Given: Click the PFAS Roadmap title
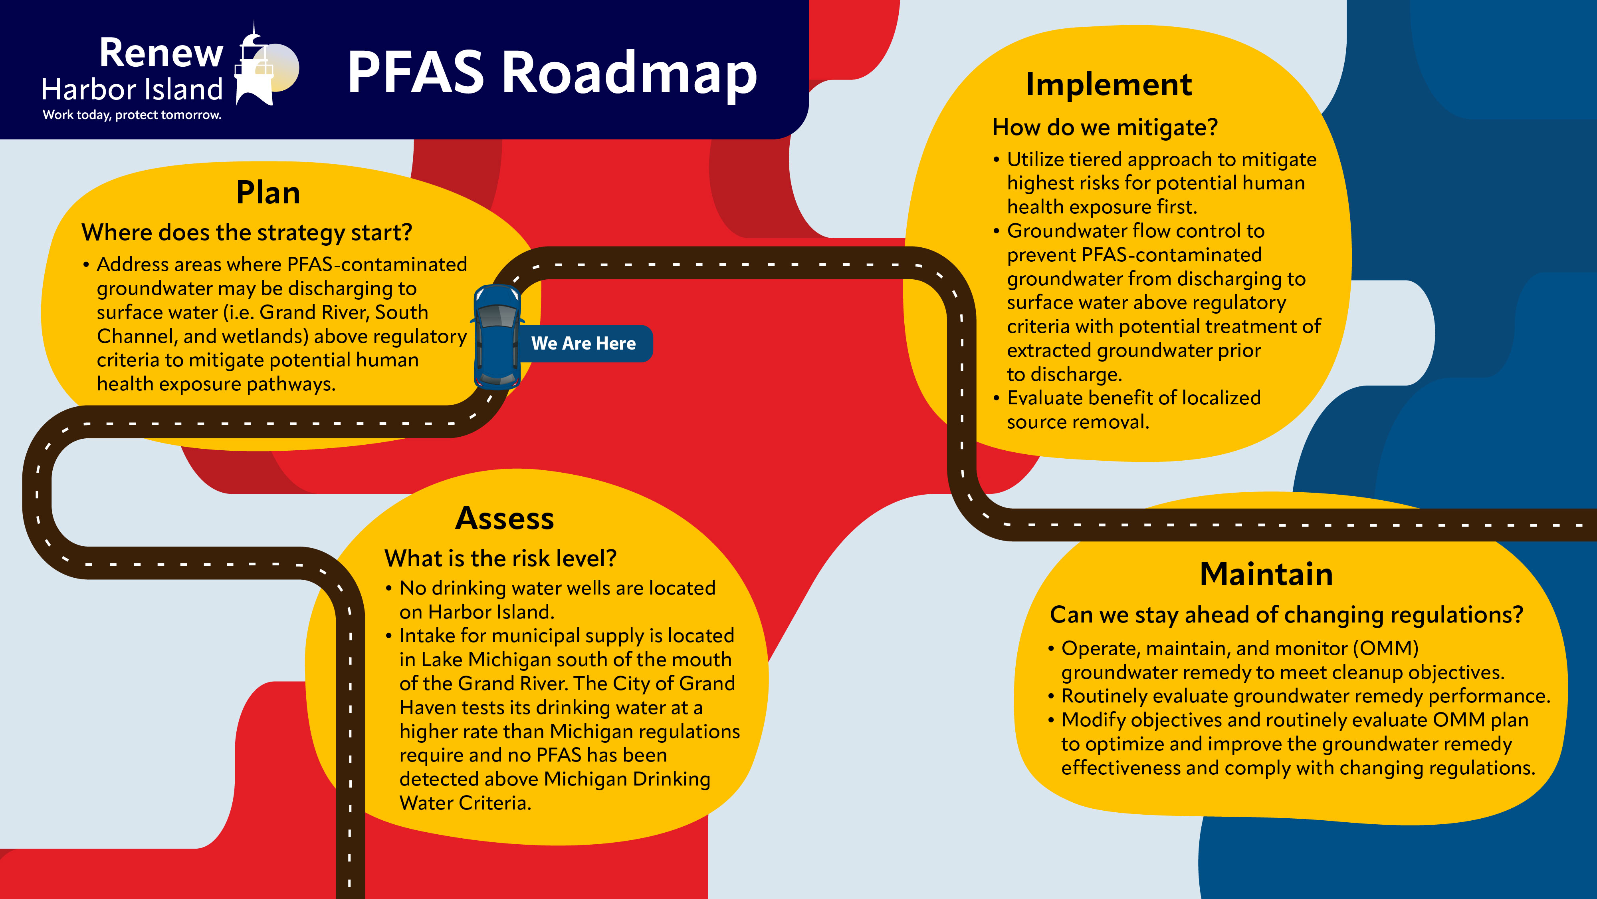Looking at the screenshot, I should pos(552,73).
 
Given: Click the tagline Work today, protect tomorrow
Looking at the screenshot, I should pos(132,115).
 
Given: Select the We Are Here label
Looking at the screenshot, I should pos(583,343).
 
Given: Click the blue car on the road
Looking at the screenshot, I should pos(497,337).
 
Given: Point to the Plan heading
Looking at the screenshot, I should pos(268,193).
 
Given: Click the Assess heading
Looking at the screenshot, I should pos(504,519).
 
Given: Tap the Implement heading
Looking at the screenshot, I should pos(1108,84).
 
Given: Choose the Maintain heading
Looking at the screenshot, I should pos(1266,574).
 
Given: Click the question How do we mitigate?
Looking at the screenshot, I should pos(1105,127).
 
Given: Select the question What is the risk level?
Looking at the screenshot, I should pos(500,559).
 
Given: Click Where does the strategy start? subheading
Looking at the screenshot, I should pos(247,233).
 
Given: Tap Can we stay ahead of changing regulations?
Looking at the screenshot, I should pos(1286,615).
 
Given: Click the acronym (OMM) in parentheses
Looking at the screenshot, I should pos(1385,648).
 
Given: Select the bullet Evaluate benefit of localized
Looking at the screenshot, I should pos(1133,398).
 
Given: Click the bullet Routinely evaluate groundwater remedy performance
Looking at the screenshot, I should pos(1305,696).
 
